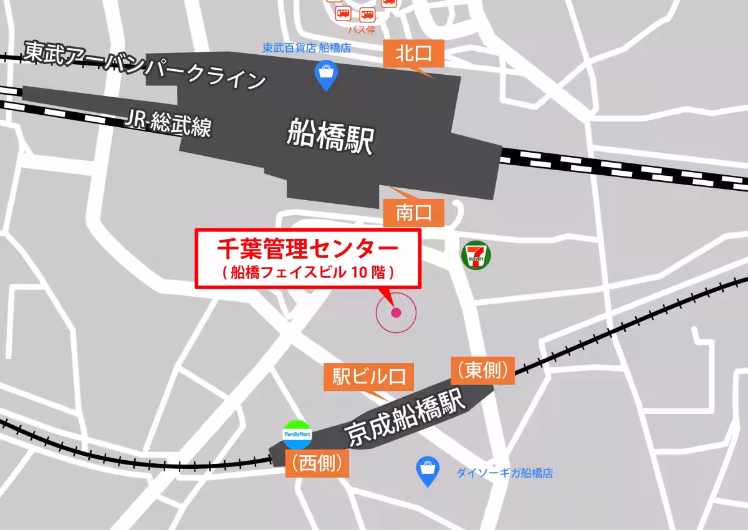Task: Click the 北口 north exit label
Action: click(413, 54)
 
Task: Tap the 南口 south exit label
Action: click(413, 214)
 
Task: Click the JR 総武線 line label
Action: click(168, 122)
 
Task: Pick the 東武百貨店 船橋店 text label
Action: click(306, 47)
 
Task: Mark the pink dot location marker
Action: click(396, 312)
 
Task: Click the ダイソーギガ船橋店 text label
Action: click(504, 473)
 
